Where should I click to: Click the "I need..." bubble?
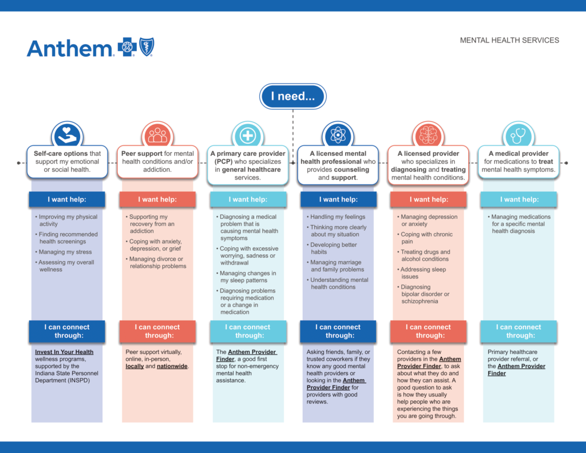pos(292,97)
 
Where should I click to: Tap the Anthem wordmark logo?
pos(69,49)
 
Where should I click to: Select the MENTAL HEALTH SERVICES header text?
pos(509,41)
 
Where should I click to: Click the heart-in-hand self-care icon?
pos(68,135)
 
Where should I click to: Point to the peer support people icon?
pos(158,135)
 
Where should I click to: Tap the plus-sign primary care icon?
pos(248,135)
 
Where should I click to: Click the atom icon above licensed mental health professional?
pos(338,135)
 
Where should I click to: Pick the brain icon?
pos(428,135)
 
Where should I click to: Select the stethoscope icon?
pos(518,135)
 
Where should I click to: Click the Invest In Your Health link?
pos(64,352)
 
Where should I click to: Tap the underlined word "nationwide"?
pos(172,366)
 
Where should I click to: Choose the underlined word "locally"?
pos(134,366)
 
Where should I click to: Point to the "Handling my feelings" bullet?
pos(336,216)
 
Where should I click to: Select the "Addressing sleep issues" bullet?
pos(422,273)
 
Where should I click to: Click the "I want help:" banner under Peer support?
pos(157,199)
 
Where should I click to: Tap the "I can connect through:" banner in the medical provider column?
pos(518,331)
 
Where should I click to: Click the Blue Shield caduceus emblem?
pos(146,47)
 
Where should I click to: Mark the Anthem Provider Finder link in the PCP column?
pos(246,356)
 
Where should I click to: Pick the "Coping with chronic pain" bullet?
pos(425,238)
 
